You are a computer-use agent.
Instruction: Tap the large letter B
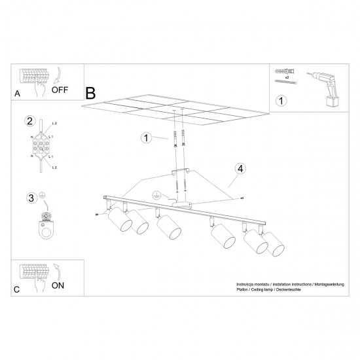tap(90, 92)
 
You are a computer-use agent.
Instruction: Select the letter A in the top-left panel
tap(17, 94)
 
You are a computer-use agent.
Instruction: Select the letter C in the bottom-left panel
tap(17, 289)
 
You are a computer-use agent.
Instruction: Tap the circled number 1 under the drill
tap(281, 101)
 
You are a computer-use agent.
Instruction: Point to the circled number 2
tap(29, 120)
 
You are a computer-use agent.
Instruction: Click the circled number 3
tap(29, 197)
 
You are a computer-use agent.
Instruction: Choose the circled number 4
tap(241, 169)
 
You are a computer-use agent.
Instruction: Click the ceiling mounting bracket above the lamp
tap(179, 173)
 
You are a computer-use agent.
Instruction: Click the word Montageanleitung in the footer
tap(327, 286)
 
